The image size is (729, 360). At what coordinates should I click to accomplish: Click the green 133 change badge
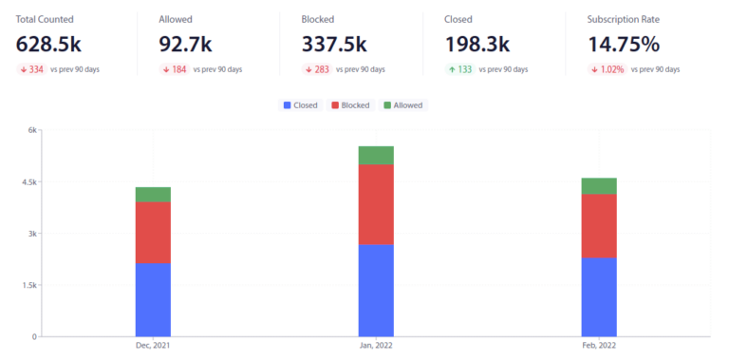tap(458, 69)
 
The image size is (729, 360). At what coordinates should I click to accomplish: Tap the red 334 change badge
tap(30, 69)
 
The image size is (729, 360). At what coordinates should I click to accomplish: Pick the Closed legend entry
tap(300, 104)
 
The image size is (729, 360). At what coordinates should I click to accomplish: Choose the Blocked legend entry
tap(349, 104)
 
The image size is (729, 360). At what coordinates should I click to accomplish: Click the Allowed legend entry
tap(402, 104)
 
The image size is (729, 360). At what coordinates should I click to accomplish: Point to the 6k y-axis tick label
tap(30, 130)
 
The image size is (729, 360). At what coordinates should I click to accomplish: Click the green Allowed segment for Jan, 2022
tap(376, 155)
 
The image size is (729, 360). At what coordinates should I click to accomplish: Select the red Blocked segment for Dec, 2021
tap(153, 232)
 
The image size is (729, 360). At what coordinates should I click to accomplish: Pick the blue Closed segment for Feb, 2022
tap(599, 296)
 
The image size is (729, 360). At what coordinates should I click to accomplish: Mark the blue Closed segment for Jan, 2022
tap(376, 290)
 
